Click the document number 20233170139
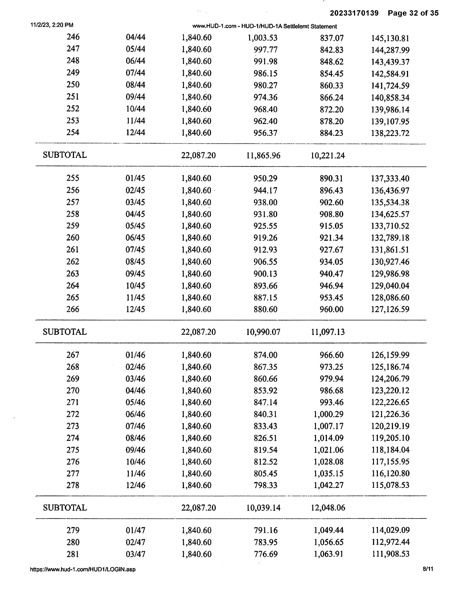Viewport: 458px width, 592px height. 354,13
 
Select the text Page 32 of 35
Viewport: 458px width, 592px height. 413,13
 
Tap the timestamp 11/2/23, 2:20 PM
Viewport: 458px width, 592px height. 52,25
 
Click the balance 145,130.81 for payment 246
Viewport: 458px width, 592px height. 390,38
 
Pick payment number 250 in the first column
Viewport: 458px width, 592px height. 73,85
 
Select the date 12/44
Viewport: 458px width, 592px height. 135,133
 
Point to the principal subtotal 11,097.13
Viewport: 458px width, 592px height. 328,332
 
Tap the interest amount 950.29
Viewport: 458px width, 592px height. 265,178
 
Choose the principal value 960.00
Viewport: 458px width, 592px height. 331,309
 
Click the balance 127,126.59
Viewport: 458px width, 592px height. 390,309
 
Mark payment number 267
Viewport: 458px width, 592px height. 73,355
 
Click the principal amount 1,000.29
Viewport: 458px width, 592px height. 328,414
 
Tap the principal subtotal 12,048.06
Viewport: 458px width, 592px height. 328,508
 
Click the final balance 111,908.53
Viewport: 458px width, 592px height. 390,554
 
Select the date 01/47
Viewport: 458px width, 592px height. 135,530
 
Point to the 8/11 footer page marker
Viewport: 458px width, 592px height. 428,569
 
